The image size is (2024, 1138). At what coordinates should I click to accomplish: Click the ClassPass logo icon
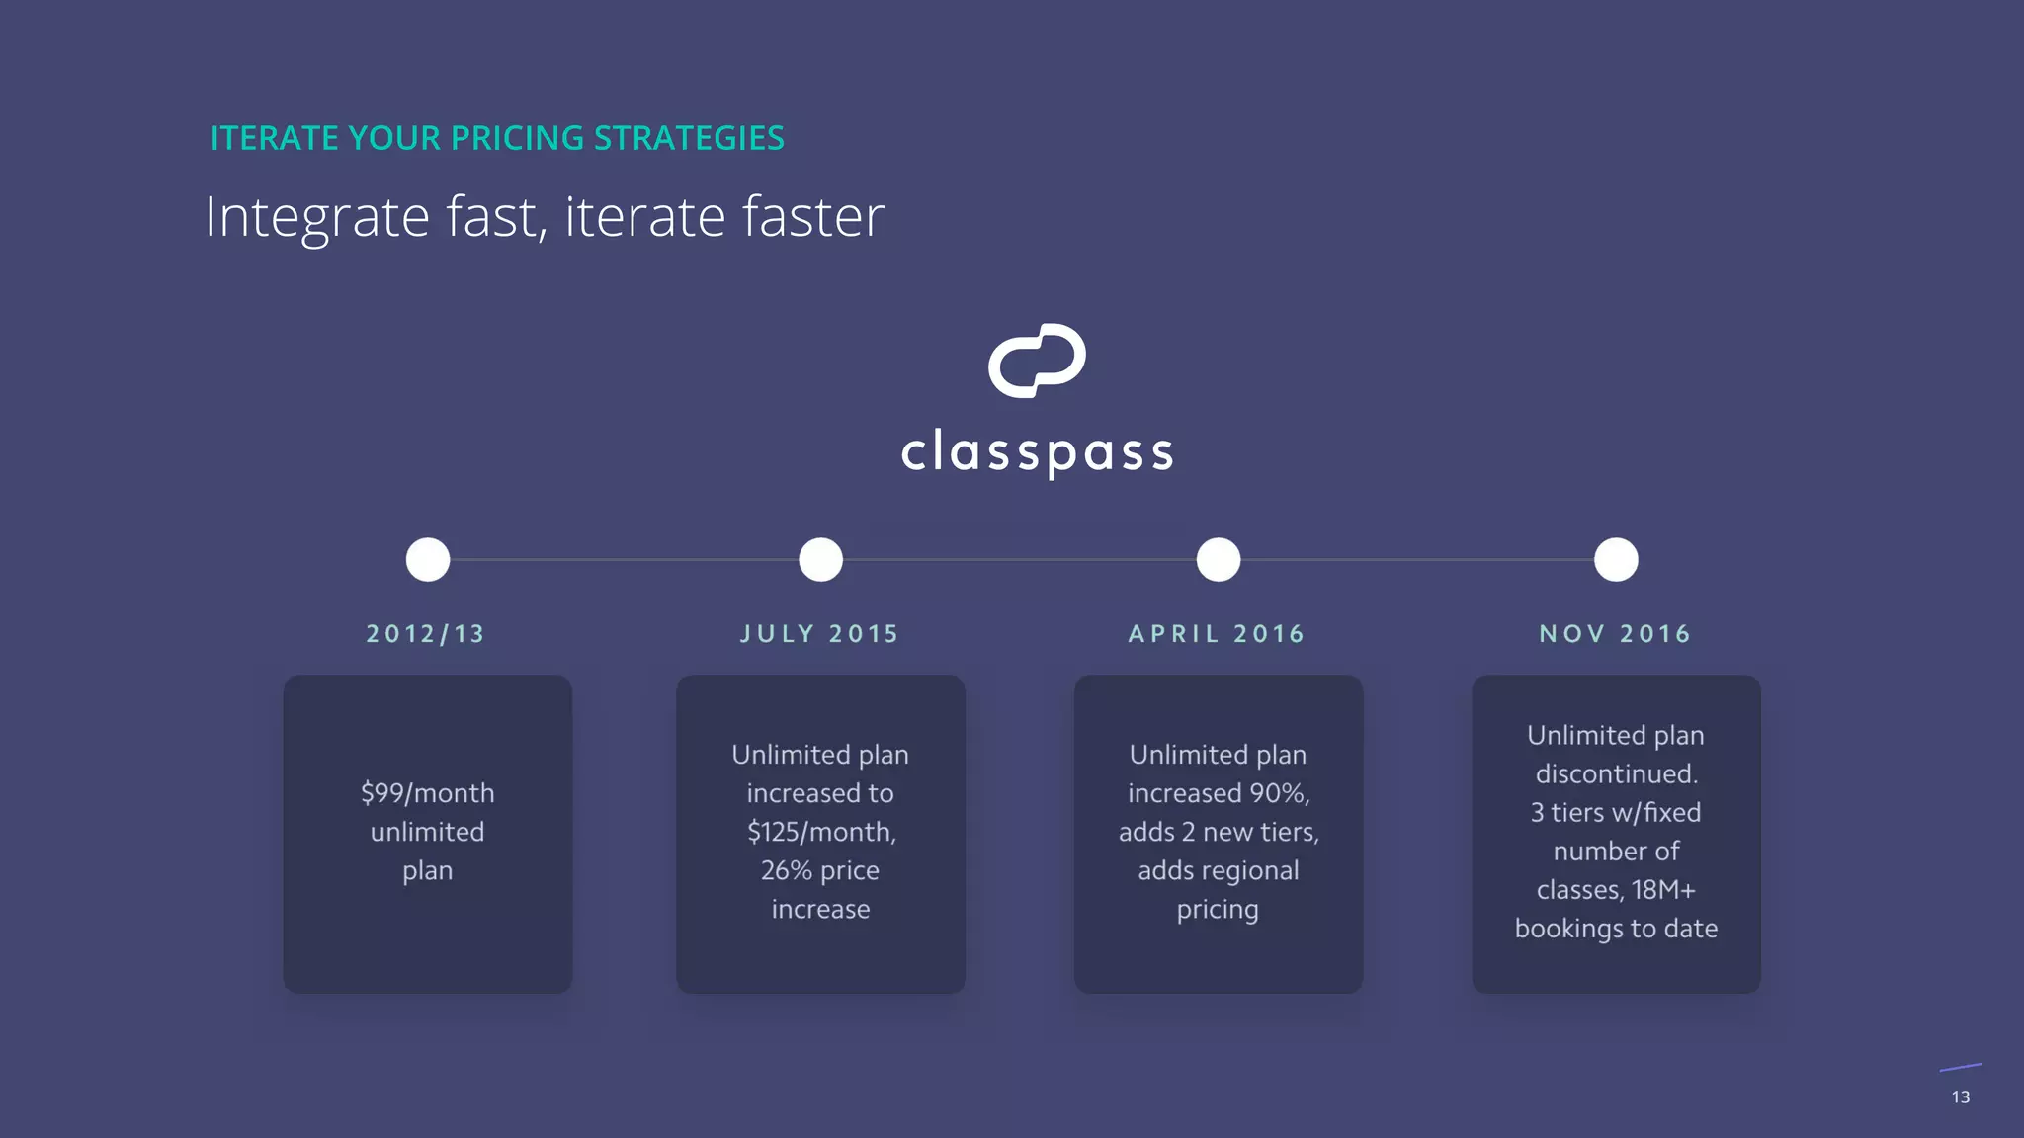tap(1037, 361)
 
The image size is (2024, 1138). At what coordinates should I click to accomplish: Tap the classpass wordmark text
tap(1037, 452)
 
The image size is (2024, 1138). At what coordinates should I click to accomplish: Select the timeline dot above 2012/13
tap(428, 560)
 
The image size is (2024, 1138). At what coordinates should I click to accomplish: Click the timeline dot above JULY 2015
tap(820, 560)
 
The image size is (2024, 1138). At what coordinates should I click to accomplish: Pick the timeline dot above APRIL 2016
tap(1219, 560)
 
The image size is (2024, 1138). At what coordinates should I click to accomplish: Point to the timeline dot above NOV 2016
tap(1616, 560)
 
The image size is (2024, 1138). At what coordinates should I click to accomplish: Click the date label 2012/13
tap(426, 634)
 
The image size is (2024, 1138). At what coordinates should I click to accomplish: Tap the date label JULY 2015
tap(820, 634)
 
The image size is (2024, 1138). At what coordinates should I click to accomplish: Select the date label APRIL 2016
tap(1217, 634)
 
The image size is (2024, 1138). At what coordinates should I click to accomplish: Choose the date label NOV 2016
tap(1615, 634)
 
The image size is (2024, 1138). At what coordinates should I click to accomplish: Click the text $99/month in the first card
tap(427, 793)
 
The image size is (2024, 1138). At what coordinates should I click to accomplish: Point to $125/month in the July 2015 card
tap(819, 832)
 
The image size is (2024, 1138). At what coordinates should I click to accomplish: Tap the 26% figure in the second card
tap(786, 870)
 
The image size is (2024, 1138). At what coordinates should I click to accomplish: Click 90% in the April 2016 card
tap(1279, 793)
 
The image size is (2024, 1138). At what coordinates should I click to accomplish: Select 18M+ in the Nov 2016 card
tap(1663, 890)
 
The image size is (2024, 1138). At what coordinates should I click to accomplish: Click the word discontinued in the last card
tap(1616, 773)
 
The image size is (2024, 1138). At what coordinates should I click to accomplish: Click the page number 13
tap(1961, 1097)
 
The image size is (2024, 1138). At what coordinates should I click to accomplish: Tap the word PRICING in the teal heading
tap(517, 138)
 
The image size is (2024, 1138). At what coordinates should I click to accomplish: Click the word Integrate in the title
tap(316, 217)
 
